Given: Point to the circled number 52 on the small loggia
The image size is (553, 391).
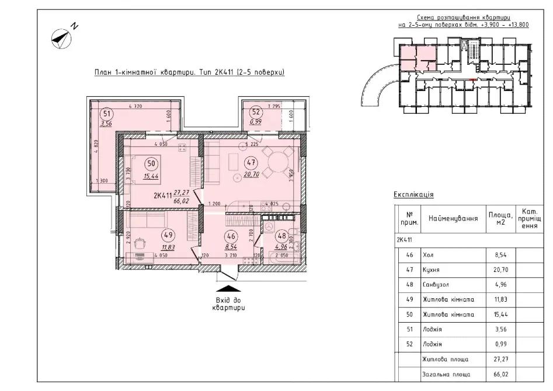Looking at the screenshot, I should (255, 112).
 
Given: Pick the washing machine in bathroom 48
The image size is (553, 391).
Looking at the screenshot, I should (270, 224).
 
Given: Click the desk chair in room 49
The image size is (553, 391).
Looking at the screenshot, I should (140, 242).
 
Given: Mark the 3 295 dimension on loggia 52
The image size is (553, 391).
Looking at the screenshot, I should (274, 106).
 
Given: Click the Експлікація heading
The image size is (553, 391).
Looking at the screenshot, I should (414, 195).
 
